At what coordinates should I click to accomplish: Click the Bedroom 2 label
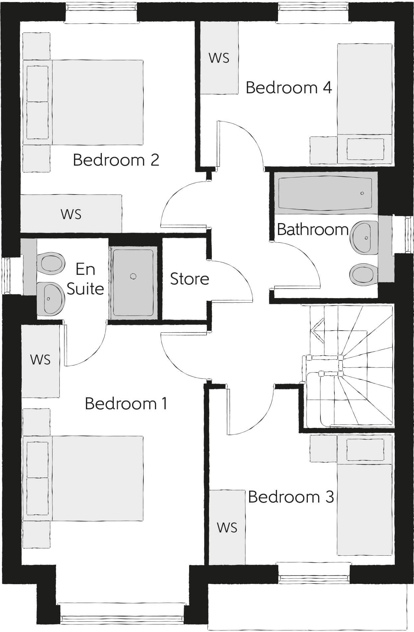coord(116,160)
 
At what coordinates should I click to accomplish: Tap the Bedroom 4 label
coord(289,88)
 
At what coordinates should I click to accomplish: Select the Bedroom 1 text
coord(126,403)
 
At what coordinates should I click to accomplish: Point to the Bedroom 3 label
coord(291,497)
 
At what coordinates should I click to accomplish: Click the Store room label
coord(189,279)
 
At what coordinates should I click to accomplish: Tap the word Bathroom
coord(312,229)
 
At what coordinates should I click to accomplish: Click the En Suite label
coord(85,279)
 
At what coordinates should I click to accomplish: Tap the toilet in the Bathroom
coord(364,275)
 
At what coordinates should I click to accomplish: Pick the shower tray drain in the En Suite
coord(133,276)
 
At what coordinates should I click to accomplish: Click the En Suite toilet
coord(52,263)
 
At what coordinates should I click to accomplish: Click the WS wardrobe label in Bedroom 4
coord(219,58)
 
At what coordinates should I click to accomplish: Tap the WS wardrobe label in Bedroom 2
coord(71,214)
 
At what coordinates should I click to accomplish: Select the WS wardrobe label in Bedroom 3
coord(227,527)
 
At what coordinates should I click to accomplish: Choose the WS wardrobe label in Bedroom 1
coord(40,359)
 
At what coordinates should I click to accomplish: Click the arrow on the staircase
coord(317,330)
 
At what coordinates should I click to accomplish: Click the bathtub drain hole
coord(362,193)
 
